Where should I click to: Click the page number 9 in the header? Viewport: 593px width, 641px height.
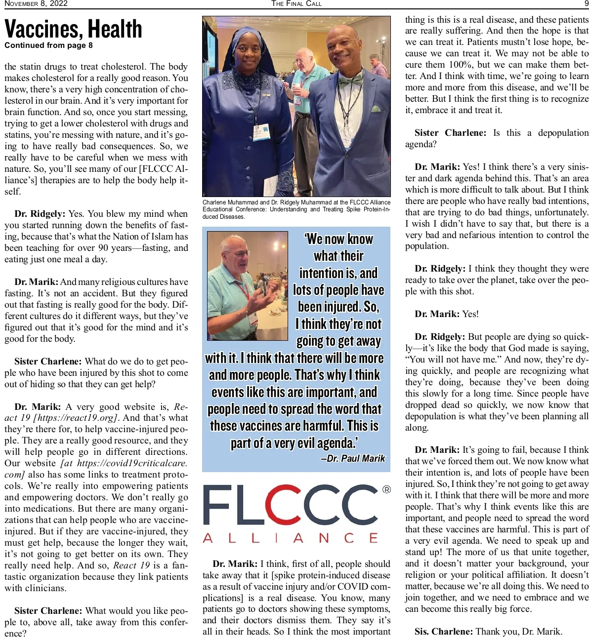click(586, 3)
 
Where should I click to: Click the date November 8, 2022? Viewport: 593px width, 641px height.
click(36, 3)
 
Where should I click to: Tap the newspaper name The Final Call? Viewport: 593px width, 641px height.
click(296, 3)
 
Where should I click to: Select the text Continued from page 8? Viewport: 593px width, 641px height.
click(48, 45)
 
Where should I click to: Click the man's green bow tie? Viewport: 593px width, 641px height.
click(350, 80)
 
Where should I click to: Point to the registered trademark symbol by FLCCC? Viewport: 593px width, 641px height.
click(386, 489)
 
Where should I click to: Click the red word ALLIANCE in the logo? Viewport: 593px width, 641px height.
click(291, 538)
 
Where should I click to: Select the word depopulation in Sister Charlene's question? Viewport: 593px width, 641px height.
click(563, 133)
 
